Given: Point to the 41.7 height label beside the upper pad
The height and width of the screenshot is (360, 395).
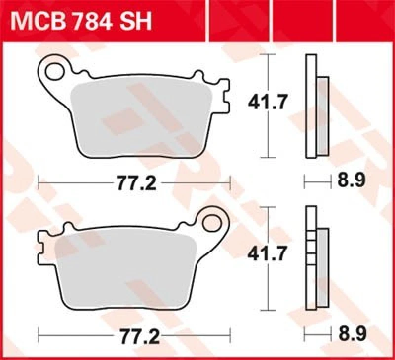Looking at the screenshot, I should pyautogui.click(x=269, y=104).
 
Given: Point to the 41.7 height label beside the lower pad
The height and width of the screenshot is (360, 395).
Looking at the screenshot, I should pyautogui.click(x=269, y=255).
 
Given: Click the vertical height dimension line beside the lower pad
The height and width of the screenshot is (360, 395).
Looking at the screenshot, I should pyautogui.click(x=269, y=286).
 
